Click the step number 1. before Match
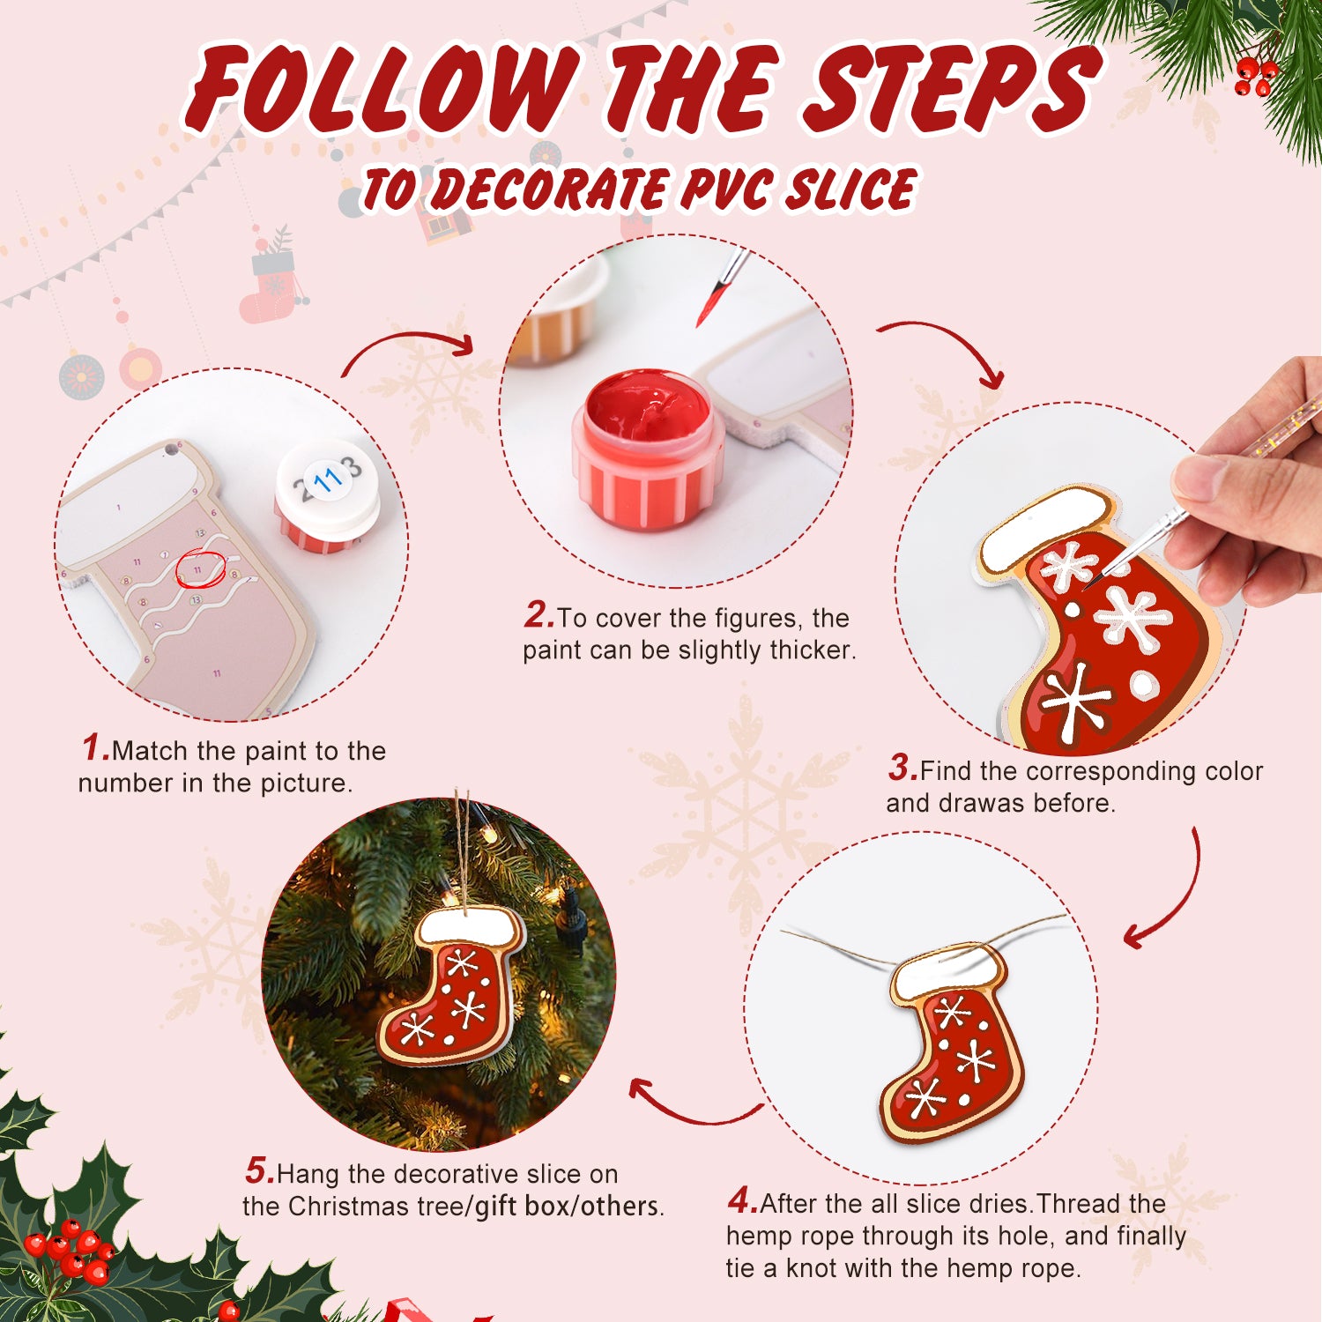pyautogui.click(x=95, y=748)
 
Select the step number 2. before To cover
pyautogui.click(x=538, y=615)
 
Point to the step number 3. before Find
pyautogui.click(x=902, y=768)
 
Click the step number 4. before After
pyautogui.click(x=742, y=1200)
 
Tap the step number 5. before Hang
pyautogui.click(x=260, y=1171)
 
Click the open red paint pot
pyautogui.click(x=648, y=449)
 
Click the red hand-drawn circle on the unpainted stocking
pyautogui.click(x=200, y=569)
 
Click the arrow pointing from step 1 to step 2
pyautogui.click(x=410, y=348)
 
